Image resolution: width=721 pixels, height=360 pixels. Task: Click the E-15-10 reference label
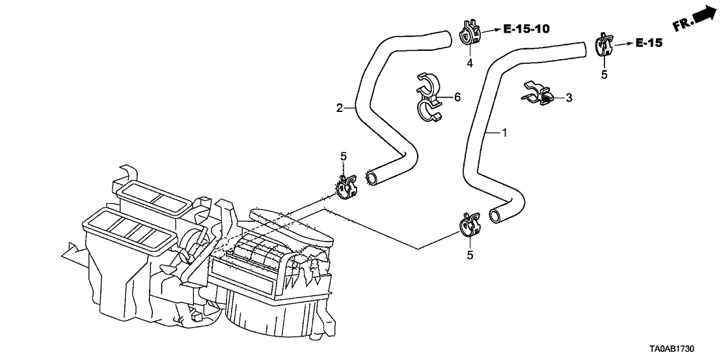(526, 29)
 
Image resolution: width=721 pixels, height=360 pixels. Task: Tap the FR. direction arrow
(692, 20)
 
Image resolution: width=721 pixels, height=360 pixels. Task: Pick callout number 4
(469, 62)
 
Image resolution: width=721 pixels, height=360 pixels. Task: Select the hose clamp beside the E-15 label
(604, 44)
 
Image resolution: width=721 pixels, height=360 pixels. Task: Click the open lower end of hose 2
(372, 176)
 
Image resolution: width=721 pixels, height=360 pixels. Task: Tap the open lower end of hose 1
(496, 215)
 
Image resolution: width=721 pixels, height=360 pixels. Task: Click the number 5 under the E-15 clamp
(604, 74)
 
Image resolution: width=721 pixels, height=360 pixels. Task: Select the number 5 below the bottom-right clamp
(470, 255)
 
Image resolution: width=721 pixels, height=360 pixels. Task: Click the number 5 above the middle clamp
(344, 156)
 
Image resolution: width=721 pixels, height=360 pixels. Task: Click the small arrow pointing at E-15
(623, 44)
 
